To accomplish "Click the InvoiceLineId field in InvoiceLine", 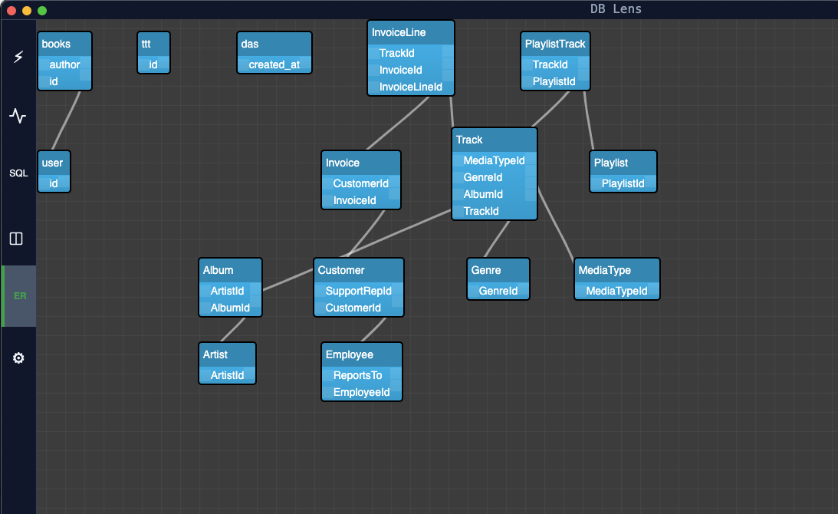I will point(410,87).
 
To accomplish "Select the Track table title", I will point(469,140).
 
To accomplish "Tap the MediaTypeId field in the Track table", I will point(494,160).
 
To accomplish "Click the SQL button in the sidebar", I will point(18,173).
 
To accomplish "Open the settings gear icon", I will point(18,358).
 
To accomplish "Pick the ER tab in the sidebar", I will point(20,296).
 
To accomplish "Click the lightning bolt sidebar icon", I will point(18,57).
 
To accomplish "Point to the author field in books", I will point(64,64).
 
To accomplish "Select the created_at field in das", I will point(274,64).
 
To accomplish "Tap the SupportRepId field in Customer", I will point(358,291).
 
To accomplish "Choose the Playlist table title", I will point(610,163).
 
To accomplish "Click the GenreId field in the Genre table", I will point(498,291).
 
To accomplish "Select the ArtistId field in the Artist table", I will point(227,375).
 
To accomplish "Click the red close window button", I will point(12,11).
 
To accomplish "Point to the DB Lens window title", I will point(616,9).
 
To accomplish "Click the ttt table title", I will point(146,44).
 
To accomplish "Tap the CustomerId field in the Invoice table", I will point(360,183).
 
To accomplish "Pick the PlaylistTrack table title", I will point(555,44).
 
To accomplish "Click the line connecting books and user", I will point(66,120).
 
